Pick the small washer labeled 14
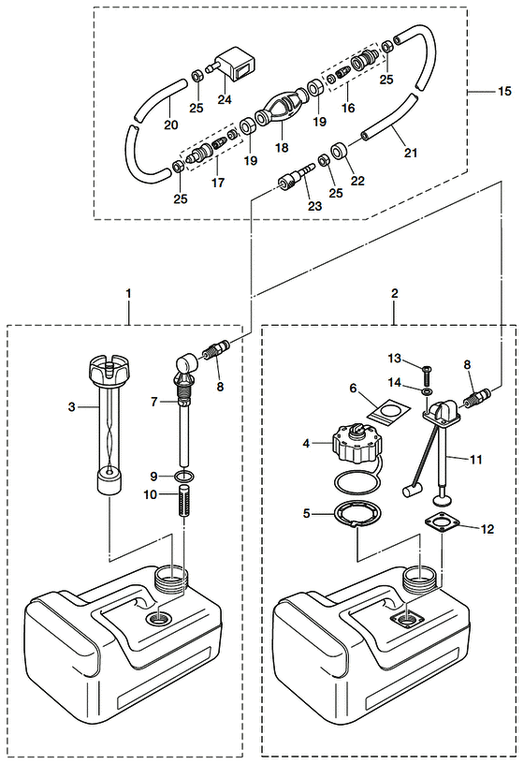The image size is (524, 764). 427,391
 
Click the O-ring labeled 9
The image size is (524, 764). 184,476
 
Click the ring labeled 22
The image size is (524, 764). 341,152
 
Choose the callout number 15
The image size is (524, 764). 505,91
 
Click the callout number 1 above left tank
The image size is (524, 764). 128,293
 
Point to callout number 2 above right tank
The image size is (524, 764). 395,293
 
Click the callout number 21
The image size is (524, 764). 411,153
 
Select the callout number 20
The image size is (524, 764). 171,125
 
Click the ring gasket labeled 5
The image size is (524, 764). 357,514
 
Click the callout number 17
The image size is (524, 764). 218,183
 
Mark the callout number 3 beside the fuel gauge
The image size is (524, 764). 72,406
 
